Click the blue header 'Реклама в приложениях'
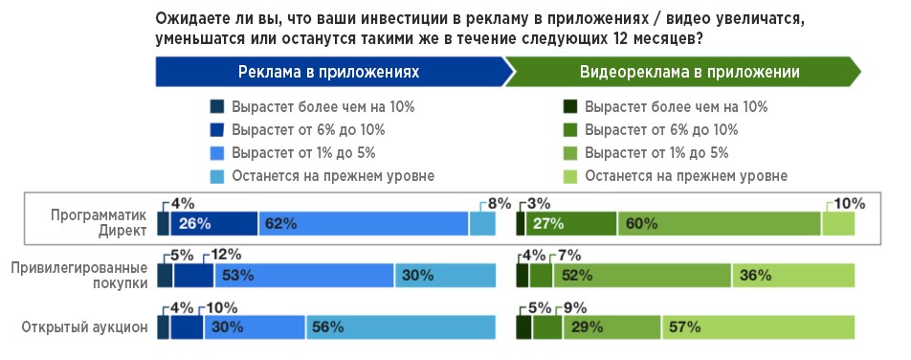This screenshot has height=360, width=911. tap(328, 72)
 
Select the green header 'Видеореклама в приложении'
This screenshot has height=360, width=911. tap(689, 72)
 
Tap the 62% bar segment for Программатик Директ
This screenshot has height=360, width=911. tap(363, 223)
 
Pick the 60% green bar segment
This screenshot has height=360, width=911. tap(719, 223)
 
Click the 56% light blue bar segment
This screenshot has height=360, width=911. tap(400, 327)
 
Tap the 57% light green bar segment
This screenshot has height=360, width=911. tap(757, 327)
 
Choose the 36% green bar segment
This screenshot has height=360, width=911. tap(792, 276)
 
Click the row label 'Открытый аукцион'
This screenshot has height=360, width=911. tap(84, 327)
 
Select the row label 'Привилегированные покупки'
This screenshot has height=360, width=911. tap(85, 275)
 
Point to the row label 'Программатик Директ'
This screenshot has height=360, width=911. tap(100, 223)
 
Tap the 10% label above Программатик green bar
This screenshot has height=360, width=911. tap(850, 203)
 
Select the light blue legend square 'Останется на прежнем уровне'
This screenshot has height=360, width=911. tap(216, 175)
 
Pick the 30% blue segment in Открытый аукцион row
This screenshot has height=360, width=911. tap(255, 327)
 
